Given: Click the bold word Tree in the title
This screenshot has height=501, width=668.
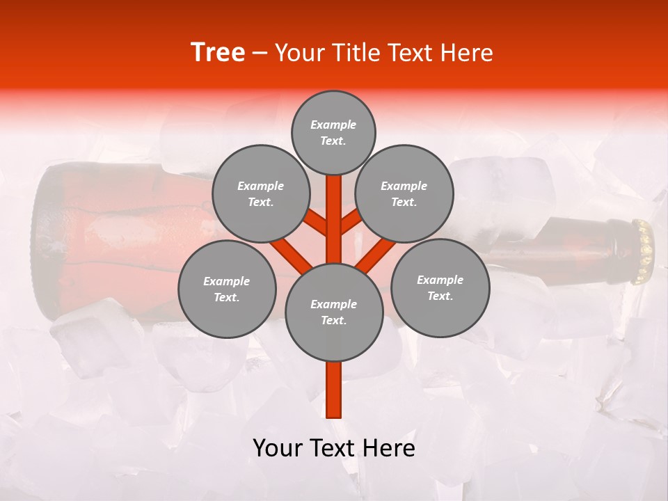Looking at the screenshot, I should pyautogui.click(x=218, y=53).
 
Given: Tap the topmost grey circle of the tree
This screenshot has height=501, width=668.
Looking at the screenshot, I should pyautogui.click(x=333, y=132).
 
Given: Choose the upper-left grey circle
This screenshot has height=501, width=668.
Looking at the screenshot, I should pyautogui.click(x=261, y=193).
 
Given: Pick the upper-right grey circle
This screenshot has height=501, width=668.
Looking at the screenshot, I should pyautogui.click(x=404, y=193).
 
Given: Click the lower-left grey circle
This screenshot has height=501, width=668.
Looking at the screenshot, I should pyautogui.click(x=227, y=289).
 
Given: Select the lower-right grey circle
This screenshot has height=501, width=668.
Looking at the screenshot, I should pyautogui.click(x=440, y=287).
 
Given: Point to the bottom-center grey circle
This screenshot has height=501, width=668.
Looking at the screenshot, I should pyautogui.click(x=334, y=312).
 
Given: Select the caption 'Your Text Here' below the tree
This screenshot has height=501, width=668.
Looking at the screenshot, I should pyautogui.click(x=334, y=448).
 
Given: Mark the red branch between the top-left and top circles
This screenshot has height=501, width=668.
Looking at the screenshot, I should pyautogui.click(x=317, y=223).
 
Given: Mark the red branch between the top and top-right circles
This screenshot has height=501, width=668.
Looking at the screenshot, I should pyautogui.click(x=350, y=222).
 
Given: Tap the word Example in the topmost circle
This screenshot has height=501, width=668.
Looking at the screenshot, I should pyautogui.click(x=333, y=125).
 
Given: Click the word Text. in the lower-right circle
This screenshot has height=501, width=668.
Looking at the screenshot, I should pyautogui.click(x=440, y=296).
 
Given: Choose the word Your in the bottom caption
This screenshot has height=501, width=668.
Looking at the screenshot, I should pyautogui.click(x=278, y=448).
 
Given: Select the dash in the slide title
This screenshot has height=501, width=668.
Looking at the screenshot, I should pyautogui.click(x=260, y=54).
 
